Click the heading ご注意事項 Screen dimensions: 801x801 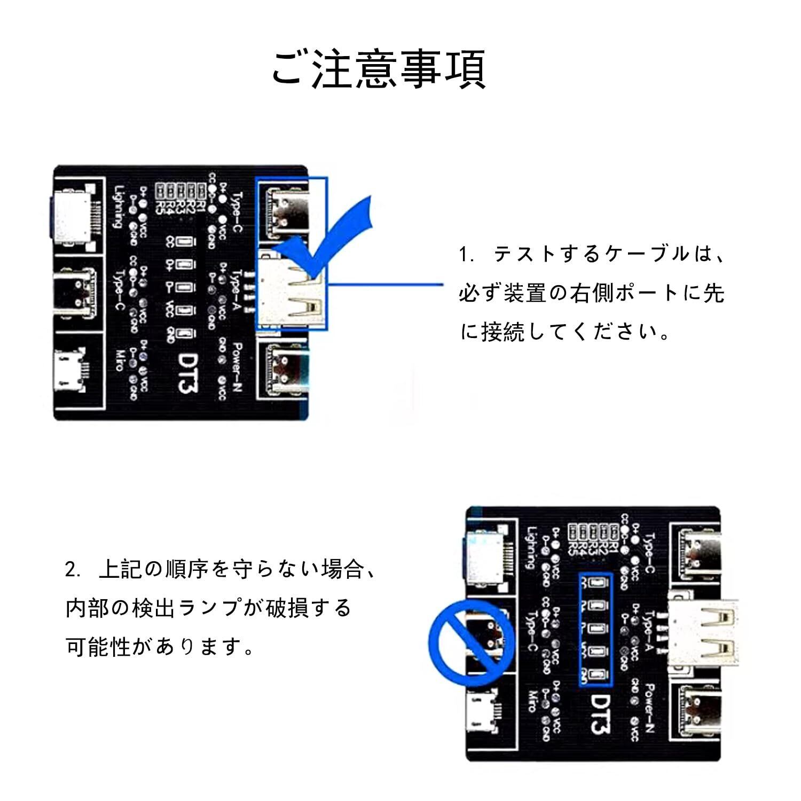(378, 69)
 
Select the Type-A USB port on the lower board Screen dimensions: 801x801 (703, 633)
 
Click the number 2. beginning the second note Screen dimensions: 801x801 (73, 570)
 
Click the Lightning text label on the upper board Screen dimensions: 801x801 (119, 206)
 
